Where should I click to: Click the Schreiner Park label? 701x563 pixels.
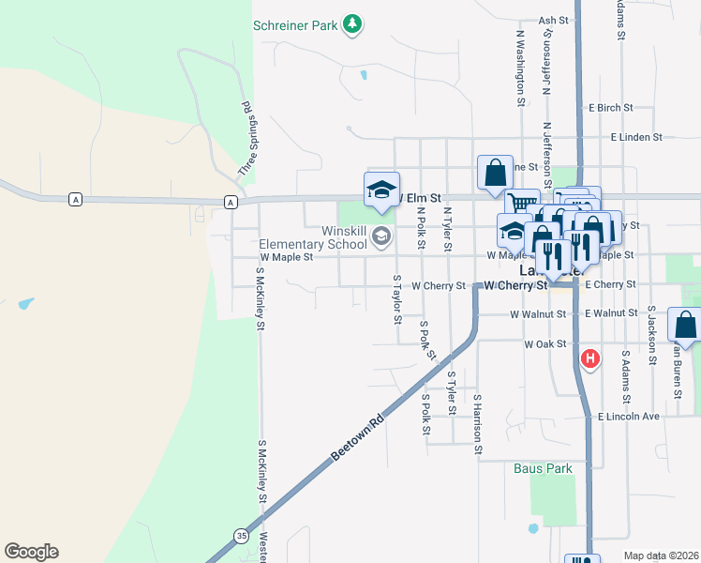pyautogui.click(x=294, y=26)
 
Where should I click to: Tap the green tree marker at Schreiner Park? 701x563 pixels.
pyautogui.click(x=352, y=23)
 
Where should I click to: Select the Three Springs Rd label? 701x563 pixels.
pyautogui.click(x=246, y=140)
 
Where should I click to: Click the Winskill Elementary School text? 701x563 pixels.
pyautogui.click(x=313, y=237)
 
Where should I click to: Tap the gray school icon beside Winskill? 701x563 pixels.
pyautogui.click(x=380, y=235)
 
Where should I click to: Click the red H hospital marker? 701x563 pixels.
pyautogui.click(x=589, y=358)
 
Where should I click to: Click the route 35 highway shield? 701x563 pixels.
pyautogui.click(x=242, y=536)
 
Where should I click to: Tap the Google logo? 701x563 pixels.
pyautogui.click(x=31, y=552)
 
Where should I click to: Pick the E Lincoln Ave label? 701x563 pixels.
pyautogui.click(x=629, y=416)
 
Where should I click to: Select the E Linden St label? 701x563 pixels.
pyautogui.click(x=635, y=137)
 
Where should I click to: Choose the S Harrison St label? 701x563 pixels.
pyautogui.click(x=477, y=424)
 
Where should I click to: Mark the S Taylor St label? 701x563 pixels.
pyautogui.click(x=397, y=299)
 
